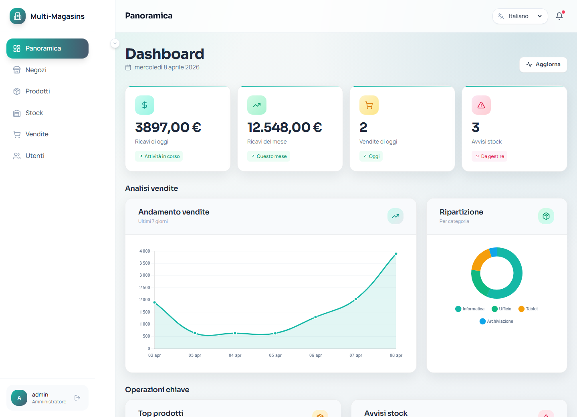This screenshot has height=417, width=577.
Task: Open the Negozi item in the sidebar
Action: [36, 70]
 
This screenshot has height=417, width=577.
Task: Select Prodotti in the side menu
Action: [38, 91]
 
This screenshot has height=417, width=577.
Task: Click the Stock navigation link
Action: [34, 113]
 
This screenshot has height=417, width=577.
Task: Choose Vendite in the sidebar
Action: [37, 134]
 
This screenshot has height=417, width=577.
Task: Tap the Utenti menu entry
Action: [35, 156]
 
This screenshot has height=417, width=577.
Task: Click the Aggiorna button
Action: [543, 65]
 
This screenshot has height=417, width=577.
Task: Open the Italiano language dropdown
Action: [520, 16]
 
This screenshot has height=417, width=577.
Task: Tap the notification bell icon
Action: [559, 16]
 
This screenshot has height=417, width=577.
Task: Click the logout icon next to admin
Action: [77, 398]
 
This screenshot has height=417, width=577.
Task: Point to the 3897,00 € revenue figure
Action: [168, 128]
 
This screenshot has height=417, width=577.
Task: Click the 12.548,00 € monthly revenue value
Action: [284, 128]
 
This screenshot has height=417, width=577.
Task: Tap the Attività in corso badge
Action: [159, 156]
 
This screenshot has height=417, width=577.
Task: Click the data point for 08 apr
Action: [396, 254]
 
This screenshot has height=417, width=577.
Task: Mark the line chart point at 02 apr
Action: [155, 303]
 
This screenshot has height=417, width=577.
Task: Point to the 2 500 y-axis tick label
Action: [145, 287]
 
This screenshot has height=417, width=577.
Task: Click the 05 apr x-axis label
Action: [275, 355]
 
